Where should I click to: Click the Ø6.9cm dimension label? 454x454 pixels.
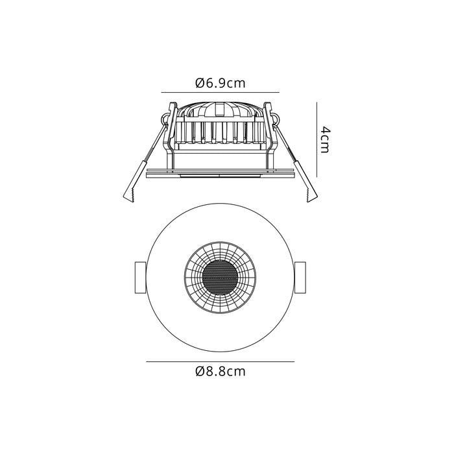pyautogui.click(x=220, y=83)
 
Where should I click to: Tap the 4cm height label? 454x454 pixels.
pyautogui.click(x=326, y=139)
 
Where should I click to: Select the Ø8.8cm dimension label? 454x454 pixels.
pyautogui.click(x=220, y=372)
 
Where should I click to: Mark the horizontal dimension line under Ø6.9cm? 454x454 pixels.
pyautogui.click(x=220, y=92)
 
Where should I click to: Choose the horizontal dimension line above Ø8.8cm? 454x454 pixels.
pyautogui.click(x=220, y=361)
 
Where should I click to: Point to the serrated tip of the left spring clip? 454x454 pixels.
pyautogui.click(x=128, y=195)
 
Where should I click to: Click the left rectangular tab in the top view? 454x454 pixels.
pyautogui.click(x=140, y=278)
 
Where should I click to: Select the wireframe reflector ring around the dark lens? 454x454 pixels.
pyautogui.click(x=195, y=278)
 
